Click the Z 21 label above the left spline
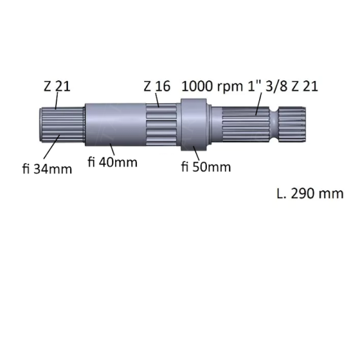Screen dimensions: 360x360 point(56,86)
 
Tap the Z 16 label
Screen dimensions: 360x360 point(157,86)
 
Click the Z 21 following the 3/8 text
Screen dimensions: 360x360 point(305,86)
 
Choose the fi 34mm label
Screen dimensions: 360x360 point(47,169)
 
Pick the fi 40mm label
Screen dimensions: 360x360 point(112,162)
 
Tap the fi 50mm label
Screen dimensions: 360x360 point(206,167)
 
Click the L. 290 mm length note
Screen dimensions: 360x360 point(310,193)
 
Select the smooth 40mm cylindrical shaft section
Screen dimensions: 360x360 point(114,124)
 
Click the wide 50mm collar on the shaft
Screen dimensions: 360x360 point(194,125)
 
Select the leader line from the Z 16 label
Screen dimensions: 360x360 point(158,99)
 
